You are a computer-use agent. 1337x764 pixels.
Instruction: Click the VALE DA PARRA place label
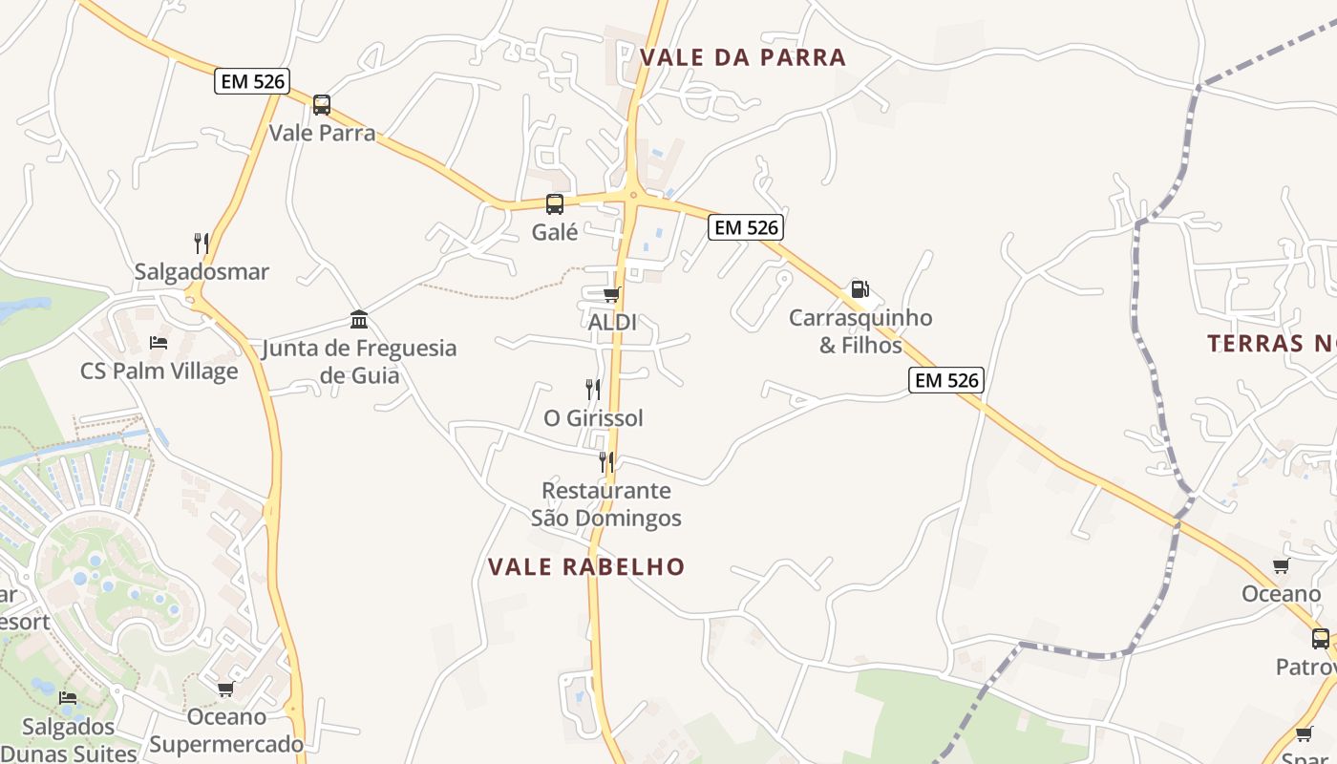point(743,57)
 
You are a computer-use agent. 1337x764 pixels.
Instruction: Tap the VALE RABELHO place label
point(586,566)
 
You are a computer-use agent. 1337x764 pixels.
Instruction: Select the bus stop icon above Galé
point(555,203)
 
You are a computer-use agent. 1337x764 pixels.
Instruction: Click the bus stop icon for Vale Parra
point(322,105)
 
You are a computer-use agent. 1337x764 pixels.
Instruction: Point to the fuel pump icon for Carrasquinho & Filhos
point(859,289)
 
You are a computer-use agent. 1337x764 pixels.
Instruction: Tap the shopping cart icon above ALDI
point(612,295)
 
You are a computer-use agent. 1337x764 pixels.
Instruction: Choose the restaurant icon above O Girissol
point(593,389)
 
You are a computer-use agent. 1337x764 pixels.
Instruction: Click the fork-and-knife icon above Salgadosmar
point(202,244)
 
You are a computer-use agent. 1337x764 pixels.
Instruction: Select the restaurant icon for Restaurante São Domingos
point(606,462)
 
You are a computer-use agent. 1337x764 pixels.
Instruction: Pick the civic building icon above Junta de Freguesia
point(359,319)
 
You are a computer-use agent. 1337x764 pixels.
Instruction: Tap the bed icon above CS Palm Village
point(159,342)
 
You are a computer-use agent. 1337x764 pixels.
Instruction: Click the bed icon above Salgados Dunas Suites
point(68,698)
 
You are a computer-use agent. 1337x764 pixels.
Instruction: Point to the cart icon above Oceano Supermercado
point(225,689)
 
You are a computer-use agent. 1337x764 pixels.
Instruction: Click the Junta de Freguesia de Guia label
point(359,361)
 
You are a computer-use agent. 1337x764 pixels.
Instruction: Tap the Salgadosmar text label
point(202,272)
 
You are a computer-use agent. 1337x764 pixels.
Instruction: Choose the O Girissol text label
point(593,417)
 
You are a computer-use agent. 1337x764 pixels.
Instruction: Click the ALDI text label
point(612,323)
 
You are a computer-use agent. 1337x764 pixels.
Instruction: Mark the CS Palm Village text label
point(159,371)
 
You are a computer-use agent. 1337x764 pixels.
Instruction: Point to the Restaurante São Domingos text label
point(606,504)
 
